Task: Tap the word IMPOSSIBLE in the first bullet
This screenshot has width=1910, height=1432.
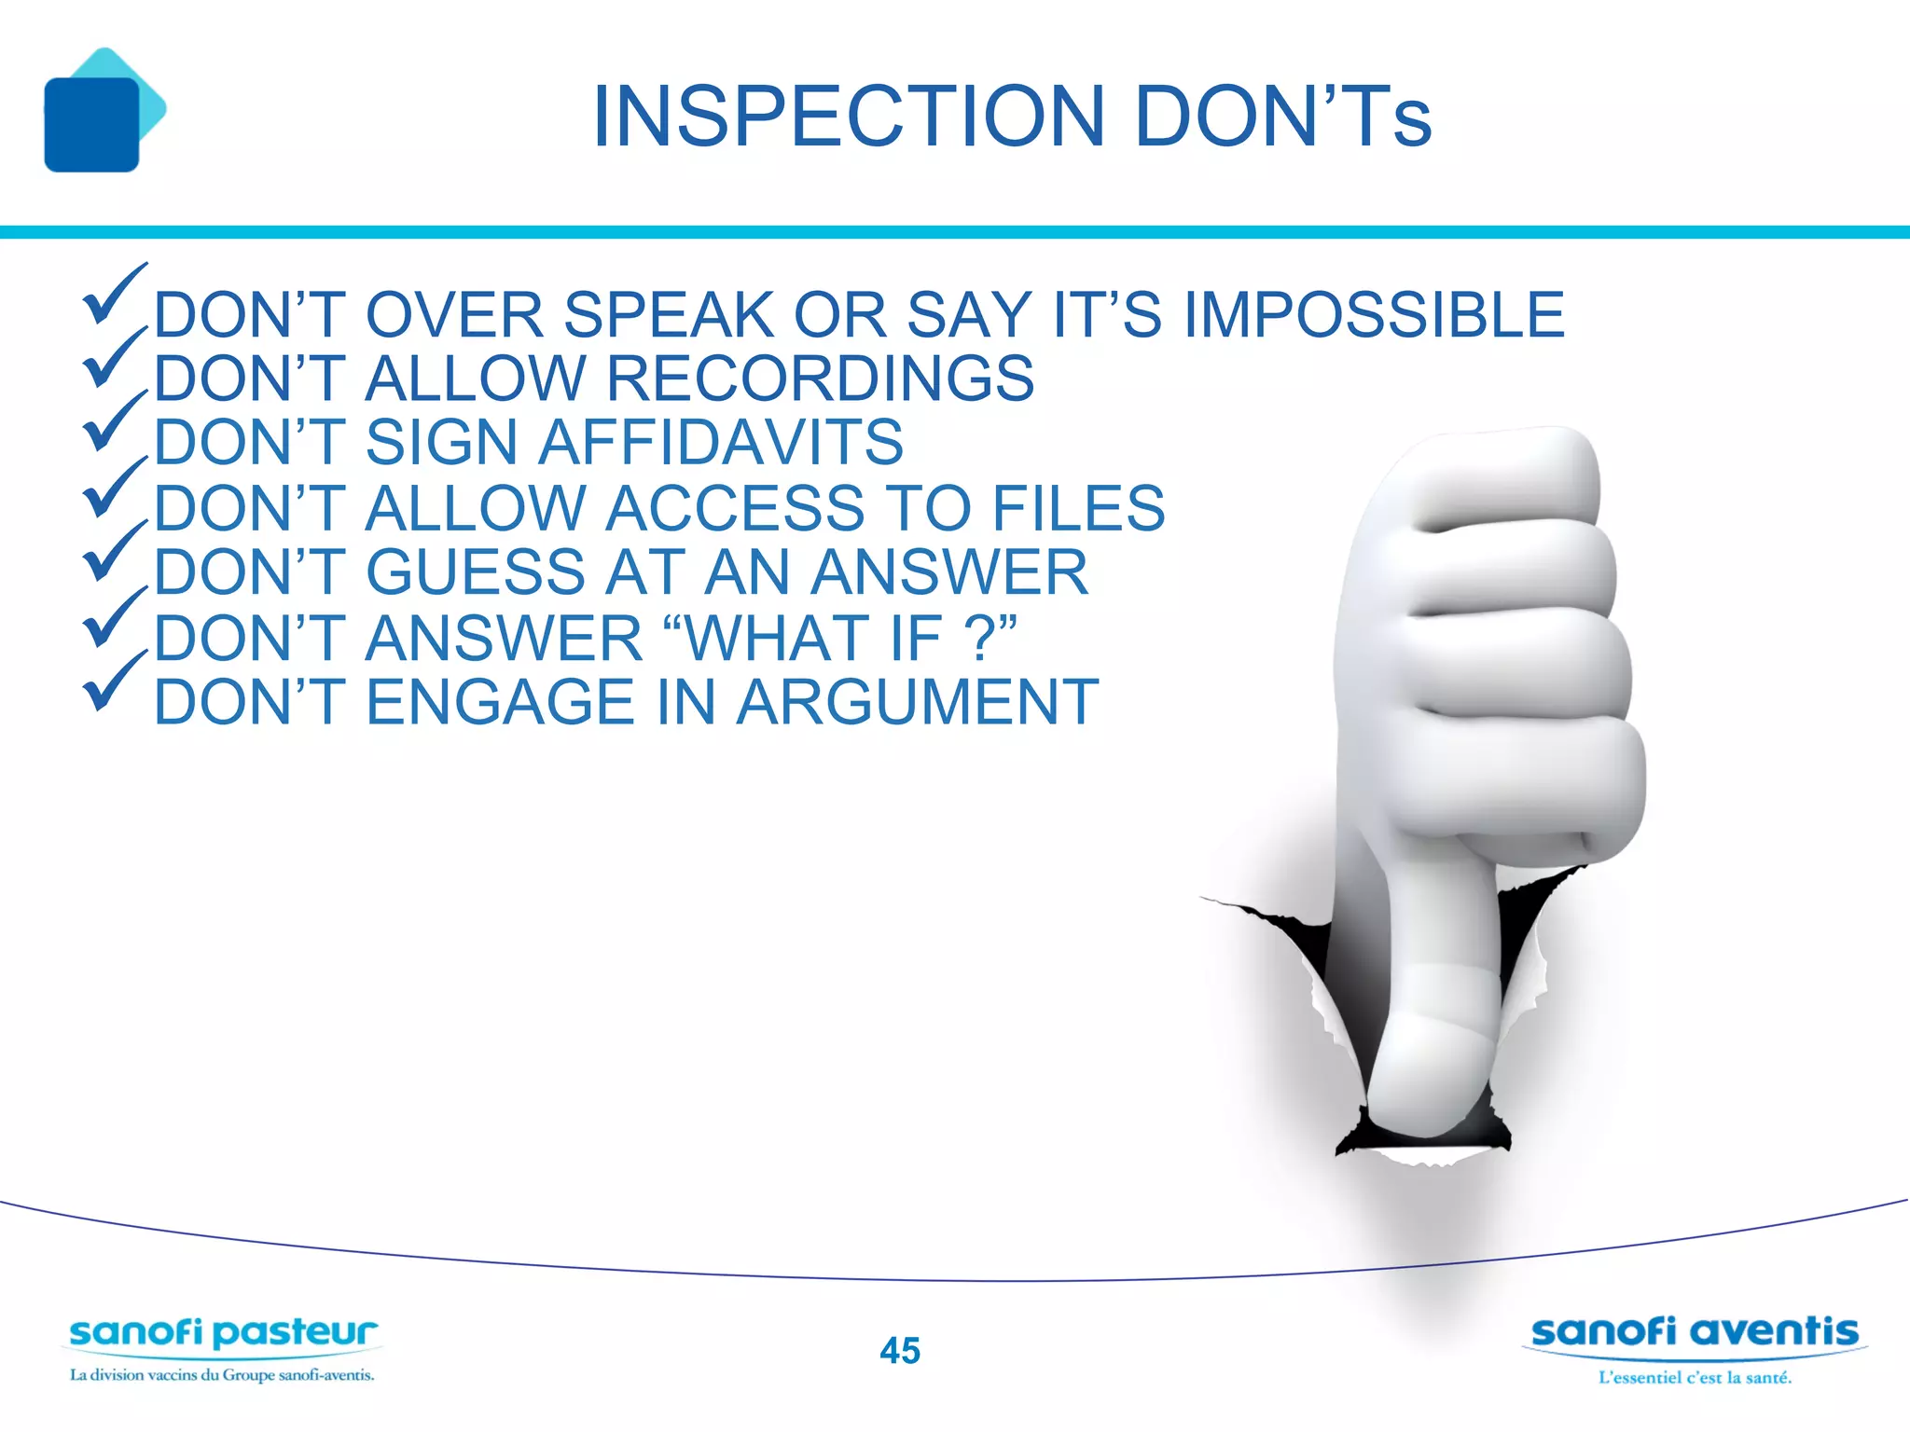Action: coord(1374,315)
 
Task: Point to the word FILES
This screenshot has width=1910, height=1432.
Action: coord(1078,508)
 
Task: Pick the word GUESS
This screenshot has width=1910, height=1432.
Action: coord(476,571)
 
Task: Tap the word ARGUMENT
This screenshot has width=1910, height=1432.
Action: coord(918,702)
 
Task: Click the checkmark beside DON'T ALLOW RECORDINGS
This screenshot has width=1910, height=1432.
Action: coord(114,362)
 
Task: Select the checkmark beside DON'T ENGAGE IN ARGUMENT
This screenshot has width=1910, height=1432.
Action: coord(114,684)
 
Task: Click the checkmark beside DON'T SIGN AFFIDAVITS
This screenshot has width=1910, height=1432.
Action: coord(114,425)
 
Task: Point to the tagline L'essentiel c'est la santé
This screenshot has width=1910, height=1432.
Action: coord(1695,1377)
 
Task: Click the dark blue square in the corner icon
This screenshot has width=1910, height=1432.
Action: coord(91,125)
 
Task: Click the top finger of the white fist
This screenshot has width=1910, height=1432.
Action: coord(1502,475)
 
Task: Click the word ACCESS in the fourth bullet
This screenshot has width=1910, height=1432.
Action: coord(736,508)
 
